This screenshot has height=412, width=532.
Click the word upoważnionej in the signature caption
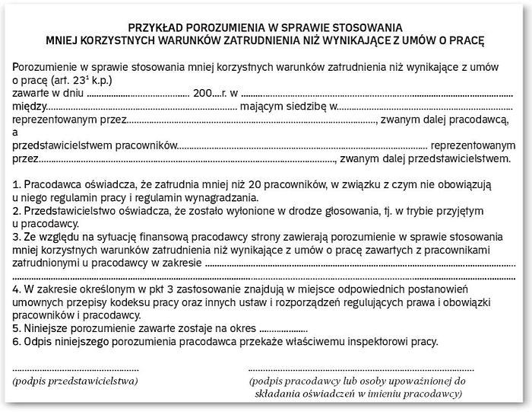coord(421,379)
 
